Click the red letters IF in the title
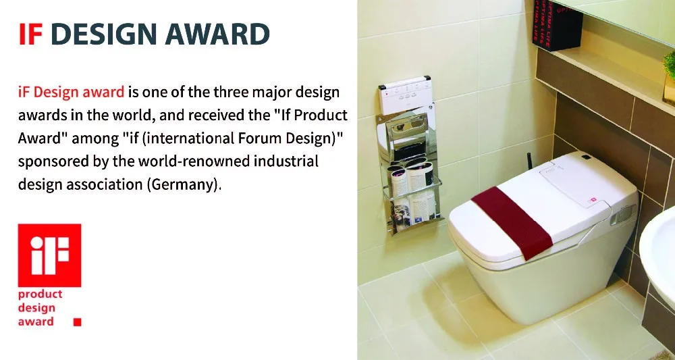pos(30,34)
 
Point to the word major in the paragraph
pos(273,93)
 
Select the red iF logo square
pos(49,255)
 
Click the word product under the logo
pos(40,294)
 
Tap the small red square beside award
pos(78,322)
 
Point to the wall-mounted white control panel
pos(404,95)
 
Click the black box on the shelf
pos(557,24)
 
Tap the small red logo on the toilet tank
pos(593,200)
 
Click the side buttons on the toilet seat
pos(624,215)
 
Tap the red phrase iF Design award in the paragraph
pos(71,93)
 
